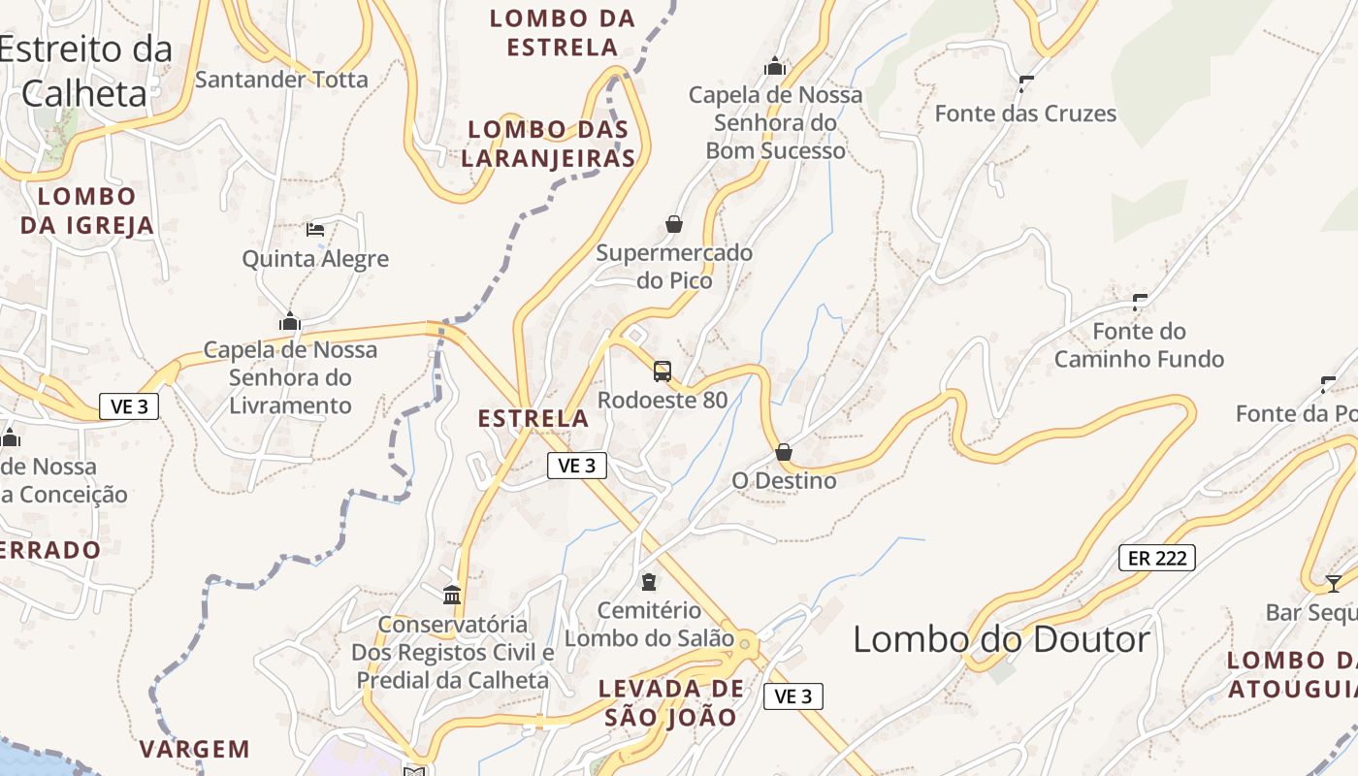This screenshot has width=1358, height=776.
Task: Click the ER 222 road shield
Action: point(1157,558)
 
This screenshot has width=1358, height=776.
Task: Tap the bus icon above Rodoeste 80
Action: point(663,371)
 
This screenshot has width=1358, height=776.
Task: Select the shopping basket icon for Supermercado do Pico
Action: point(674,225)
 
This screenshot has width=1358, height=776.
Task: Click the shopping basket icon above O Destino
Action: point(784,452)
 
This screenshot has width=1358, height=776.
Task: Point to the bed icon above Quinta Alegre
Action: point(315,230)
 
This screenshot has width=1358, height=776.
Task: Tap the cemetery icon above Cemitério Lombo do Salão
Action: point(649,582)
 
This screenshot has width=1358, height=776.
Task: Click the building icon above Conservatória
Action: point(452,595)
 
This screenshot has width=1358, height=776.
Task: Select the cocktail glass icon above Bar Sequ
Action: point(1334,583)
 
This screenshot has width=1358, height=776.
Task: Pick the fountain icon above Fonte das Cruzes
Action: point(1026,84)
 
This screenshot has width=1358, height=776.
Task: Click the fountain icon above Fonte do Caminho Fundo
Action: point(1140,302)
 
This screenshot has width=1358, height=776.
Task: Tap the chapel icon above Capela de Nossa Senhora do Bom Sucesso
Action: point(775,66)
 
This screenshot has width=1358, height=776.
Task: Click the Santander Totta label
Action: point(281,80)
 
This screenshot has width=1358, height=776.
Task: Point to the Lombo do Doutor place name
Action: point(1001,639)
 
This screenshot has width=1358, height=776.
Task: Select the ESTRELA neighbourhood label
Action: point(533,419)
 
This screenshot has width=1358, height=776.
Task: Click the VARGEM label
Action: point(194,749)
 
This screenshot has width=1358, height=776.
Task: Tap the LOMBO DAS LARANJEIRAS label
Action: point(548,144)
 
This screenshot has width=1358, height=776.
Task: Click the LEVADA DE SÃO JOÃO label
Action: point(671,703)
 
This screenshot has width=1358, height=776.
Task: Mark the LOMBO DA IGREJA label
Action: point(87,211)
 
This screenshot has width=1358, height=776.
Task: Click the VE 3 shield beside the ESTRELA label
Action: point(577,467)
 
